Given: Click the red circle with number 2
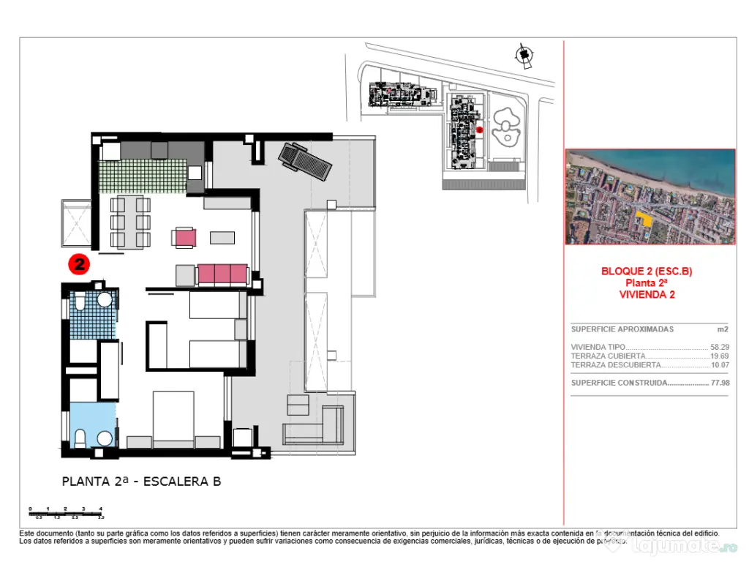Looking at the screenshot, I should click(x=78, y=264).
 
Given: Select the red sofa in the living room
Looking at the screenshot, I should click(x=222, y=274).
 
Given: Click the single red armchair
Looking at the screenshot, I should click(x=184, y=237).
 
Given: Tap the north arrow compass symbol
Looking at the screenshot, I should click(x=523, y=56).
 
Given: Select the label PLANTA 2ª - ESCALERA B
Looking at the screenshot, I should click(x=141, y=482).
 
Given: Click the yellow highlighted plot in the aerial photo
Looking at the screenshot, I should click(x=644, y=217).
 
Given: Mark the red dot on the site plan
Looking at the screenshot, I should click(x=479, y=130).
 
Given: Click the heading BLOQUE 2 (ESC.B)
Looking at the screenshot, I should click(x=646, y=271).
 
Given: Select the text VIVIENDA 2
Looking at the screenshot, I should click(x=646, y=295).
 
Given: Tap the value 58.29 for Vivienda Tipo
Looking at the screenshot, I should click(x=719, y=348).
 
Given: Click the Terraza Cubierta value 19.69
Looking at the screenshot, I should click(x=719, y=356).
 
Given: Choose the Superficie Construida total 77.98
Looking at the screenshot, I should click(x=719, y=383).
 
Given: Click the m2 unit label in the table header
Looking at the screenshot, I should click(x=722, y=329).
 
